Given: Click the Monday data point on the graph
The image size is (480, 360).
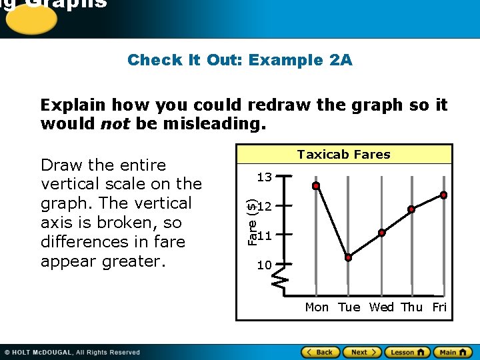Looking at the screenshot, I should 316,186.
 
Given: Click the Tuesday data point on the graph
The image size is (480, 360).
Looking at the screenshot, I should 348,257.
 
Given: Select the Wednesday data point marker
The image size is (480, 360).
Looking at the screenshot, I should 381,233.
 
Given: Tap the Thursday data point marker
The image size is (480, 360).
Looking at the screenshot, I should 411,209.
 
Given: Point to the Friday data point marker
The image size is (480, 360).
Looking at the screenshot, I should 443,195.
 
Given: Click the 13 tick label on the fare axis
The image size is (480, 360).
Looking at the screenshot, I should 265,177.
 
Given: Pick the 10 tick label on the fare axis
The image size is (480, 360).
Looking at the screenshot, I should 265,265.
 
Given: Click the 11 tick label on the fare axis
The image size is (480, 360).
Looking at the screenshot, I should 265,235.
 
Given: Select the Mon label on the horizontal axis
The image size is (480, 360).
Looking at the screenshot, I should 317,307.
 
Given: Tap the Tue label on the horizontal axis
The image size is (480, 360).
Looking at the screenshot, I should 349,307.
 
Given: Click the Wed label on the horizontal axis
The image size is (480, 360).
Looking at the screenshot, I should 381,307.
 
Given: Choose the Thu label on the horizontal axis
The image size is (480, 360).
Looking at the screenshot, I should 412,307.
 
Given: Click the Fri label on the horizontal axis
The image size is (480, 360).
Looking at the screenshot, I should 439,307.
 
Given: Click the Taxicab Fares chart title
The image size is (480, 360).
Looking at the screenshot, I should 344,155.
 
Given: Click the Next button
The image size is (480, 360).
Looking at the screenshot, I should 363,352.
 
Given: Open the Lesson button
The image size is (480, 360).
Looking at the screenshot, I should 406,352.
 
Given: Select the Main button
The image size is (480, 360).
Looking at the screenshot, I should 451,352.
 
